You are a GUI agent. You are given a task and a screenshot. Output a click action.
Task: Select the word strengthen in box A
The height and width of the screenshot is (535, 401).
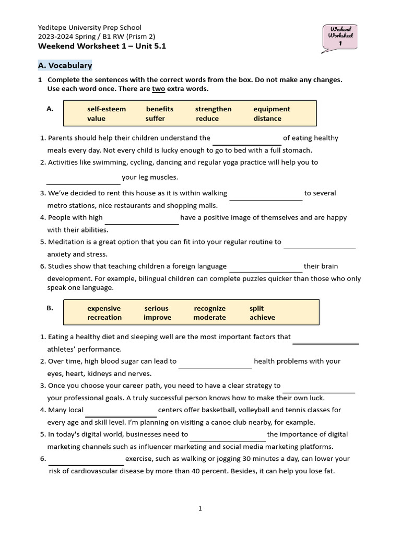pyautogui.click(x=213, y=109)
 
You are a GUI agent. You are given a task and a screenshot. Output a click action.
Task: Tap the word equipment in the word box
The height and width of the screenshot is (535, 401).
pyautogui.click(x=272, y=109)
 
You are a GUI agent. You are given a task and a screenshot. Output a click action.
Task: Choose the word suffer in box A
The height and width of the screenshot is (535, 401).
pyautogui.click(x=155, y=119)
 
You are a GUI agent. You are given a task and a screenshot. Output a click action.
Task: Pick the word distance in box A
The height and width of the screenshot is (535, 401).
pyautogui.click(x=267, y=119)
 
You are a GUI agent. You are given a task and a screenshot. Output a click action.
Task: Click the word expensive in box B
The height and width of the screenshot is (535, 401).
pyautogui.click(x=104, y=308)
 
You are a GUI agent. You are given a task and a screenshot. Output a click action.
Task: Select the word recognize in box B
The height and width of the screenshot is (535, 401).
pyautogui.click(x=210, y=308)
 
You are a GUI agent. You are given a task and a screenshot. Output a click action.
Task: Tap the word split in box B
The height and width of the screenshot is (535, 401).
pyautogui.click(x=257, y=308)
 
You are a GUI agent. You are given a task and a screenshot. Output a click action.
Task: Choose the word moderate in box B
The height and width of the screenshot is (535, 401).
pyautogui.click(x=210, y=318)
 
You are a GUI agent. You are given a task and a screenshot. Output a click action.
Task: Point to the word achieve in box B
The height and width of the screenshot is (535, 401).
pyautogui.click(x=262, y=318)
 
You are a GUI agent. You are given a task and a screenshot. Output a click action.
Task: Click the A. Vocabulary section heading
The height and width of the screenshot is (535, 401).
pyautogui.click(x=65, y=65)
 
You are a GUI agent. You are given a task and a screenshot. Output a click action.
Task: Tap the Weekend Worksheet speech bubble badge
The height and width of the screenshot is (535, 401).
pyautogui.click(x=340, y=37)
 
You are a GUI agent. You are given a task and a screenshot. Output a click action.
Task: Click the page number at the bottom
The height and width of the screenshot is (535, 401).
pyautogui.click(x=200, y=508)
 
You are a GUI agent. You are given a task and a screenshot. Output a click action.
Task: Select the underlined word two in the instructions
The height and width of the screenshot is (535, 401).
pyautogui.click(x=158, y=89)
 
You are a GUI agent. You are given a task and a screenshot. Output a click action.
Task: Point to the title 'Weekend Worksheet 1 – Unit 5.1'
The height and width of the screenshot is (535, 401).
pyautogui.click(x=102, y=46)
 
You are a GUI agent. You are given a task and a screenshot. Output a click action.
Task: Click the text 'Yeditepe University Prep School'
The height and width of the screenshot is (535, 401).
pyautogui.click(x=90, y=27)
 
